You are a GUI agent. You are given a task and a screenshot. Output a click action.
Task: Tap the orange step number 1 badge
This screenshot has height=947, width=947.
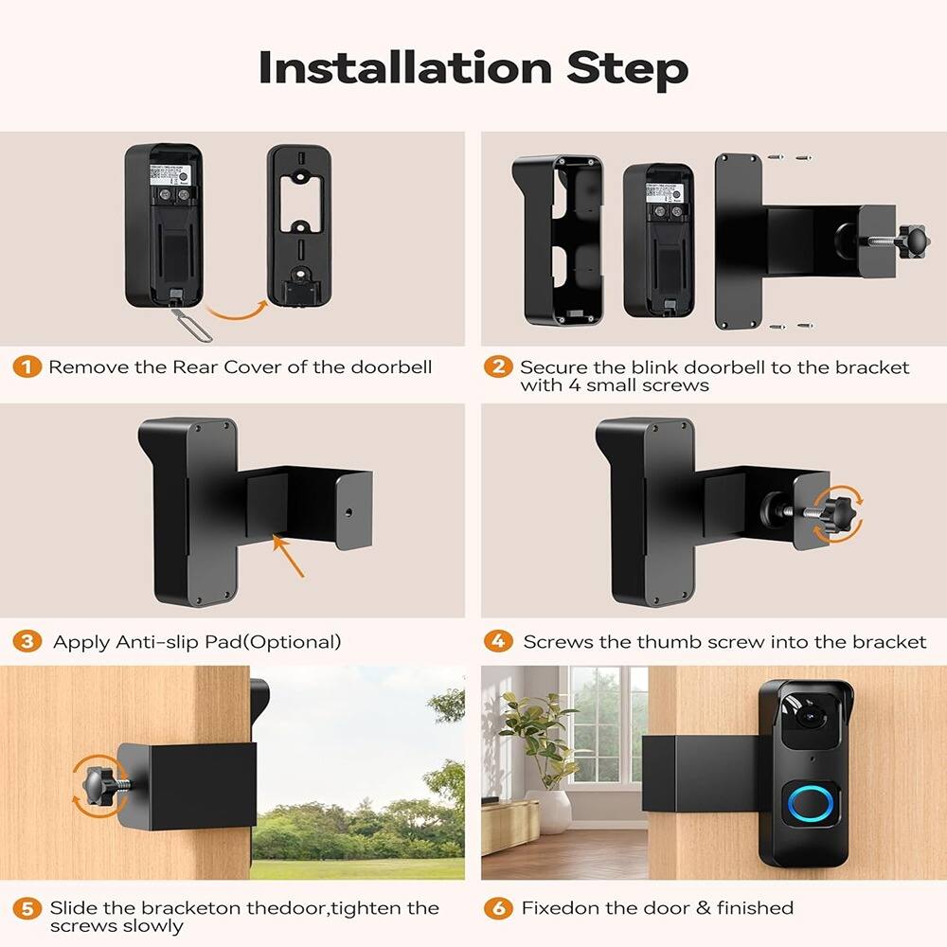pyautogui.click(x=27, y=366)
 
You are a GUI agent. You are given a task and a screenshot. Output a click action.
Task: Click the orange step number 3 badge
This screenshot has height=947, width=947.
pyautogui.click(x=27, y=641)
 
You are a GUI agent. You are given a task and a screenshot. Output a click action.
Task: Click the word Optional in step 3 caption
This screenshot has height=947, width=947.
pyautogui.click(x=294, y=642)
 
